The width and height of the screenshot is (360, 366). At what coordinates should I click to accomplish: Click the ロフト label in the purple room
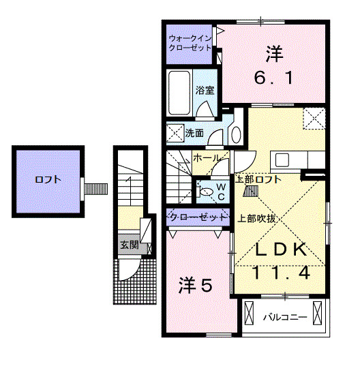(x=48, y=181)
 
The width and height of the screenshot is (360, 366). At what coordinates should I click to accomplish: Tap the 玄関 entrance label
(x=129, y=244)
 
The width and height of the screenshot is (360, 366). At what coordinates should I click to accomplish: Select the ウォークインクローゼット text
(x=191, y=43)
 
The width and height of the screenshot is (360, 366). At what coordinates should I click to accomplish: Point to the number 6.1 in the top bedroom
(x=274, y=78)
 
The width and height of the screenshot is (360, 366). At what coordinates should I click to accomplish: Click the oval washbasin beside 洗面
(x=236, y=133)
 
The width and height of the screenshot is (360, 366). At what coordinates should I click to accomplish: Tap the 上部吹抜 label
(x=256, y=219)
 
